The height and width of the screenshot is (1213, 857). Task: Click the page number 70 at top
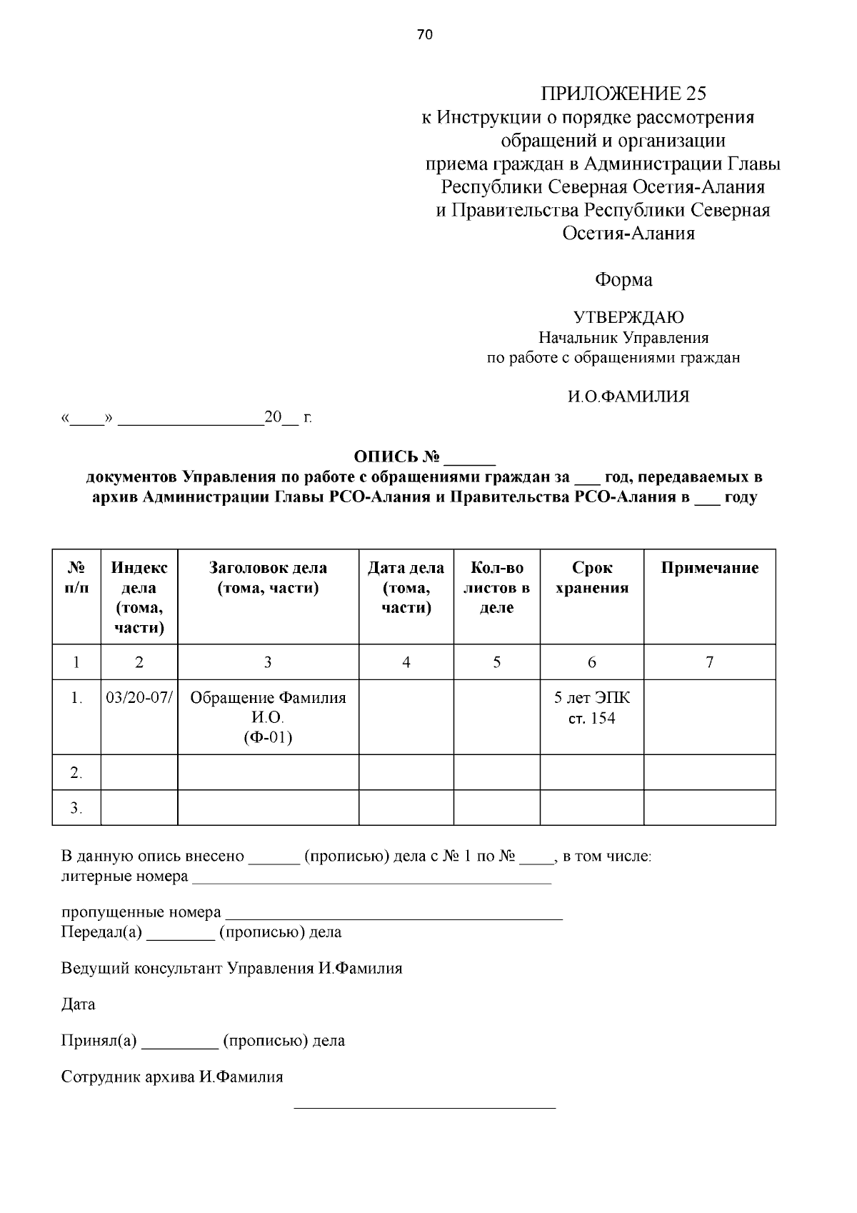[425, 35]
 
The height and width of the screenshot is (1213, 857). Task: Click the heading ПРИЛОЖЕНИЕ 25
[623, 94]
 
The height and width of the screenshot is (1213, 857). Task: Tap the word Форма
[623, 280]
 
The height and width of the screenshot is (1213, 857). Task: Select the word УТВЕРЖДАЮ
[628, 317]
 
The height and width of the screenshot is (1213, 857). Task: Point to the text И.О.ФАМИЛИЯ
[628, 396]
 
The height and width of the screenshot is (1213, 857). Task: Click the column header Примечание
[709, 568]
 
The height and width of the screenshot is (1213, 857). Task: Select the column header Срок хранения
[592, 578]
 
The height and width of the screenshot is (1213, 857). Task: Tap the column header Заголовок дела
[268, 578]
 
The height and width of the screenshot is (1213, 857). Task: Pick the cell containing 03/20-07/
[139, 698]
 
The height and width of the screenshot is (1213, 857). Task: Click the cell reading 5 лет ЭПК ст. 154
[592, 708]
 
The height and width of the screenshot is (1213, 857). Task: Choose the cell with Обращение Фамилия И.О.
[268, 717]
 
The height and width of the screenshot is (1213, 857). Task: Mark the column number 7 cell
[709, 662]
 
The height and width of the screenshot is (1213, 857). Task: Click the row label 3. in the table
[76, 808]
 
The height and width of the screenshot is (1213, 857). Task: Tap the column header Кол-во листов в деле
[496, 588]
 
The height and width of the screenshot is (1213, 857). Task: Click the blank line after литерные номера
[371, 879]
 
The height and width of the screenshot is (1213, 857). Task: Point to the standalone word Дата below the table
[78, 1004]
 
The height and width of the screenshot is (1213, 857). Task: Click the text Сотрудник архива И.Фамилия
[172, 1077]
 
